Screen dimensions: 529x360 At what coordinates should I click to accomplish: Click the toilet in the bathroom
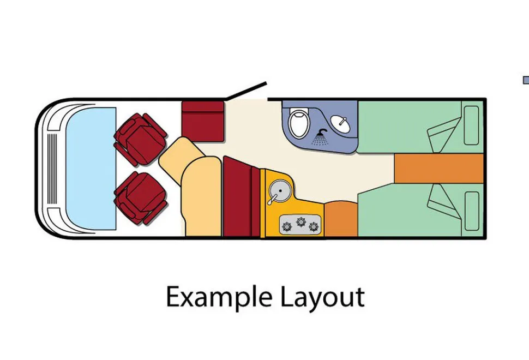coord(299,123)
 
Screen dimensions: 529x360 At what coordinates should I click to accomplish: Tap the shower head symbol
coord(320,137)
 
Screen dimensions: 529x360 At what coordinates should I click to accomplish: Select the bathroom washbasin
coord(340,123)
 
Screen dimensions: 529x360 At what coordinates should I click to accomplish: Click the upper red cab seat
coord(140,139)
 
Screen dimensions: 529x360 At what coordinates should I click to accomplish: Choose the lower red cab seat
coord(141,198)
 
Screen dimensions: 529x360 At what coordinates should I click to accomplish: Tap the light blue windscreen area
coord(91,169)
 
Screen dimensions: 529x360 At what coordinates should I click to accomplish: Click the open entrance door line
coord(247,91)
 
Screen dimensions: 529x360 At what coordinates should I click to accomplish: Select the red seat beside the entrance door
coord(203,121)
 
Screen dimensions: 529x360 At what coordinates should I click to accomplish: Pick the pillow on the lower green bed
coord(471,211)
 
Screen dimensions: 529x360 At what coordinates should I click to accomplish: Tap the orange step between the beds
coord(438,169)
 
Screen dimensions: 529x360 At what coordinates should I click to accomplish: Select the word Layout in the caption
coord(322,297)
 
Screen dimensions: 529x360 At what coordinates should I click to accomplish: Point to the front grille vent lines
coord(52,169)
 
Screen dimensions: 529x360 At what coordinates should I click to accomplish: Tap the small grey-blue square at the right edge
coord(526,80)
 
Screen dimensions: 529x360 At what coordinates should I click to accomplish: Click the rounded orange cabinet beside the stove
coord(341,219)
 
